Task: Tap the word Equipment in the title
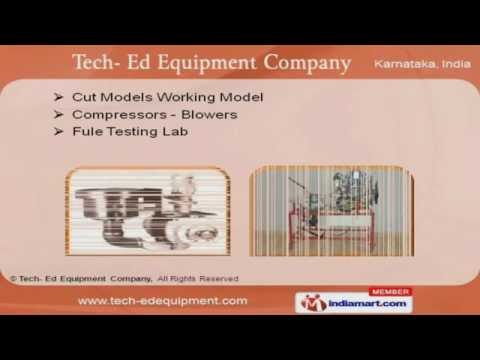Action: pyautogui.click(x=186, y=63)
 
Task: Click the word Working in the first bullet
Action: pyautogui.click(x=198, y=97)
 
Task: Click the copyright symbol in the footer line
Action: pyautogui.click(x=12, y=277)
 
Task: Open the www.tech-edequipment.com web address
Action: pyautogui.click(x=162, y=300)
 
